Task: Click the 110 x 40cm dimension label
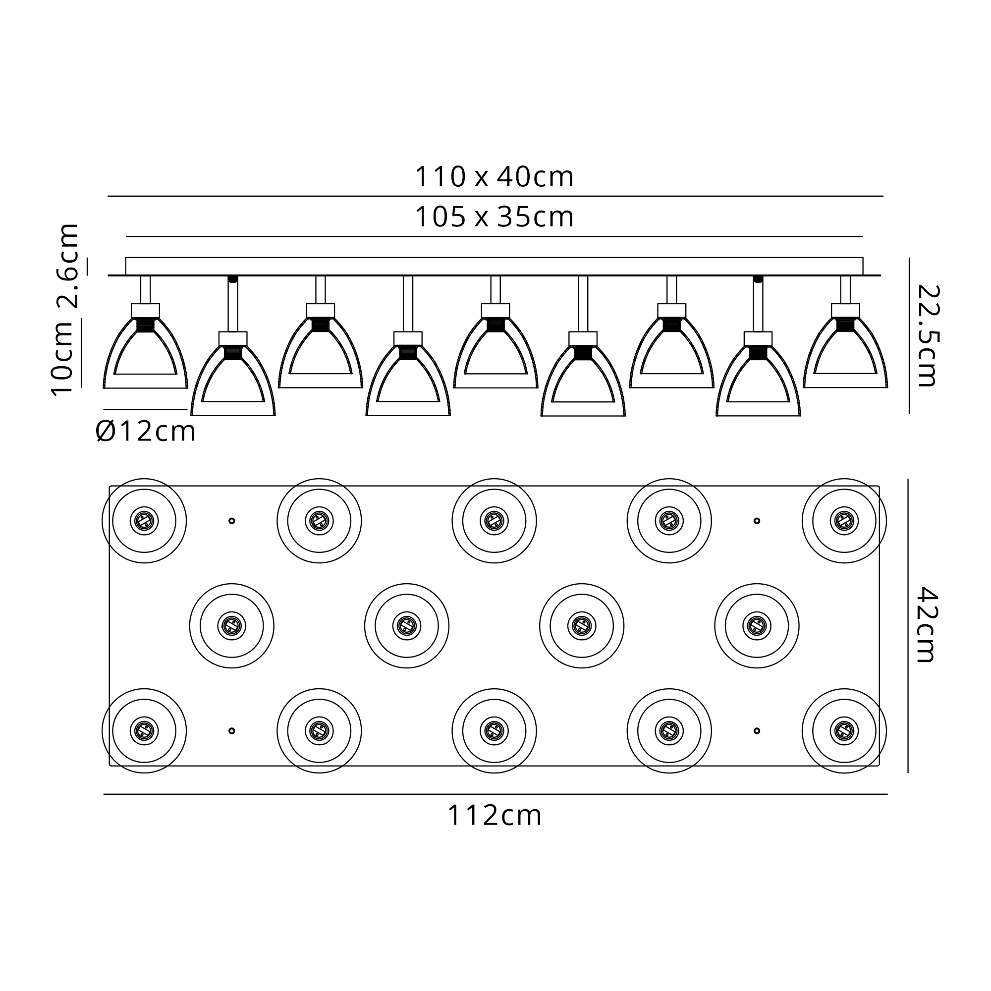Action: pyautogui.click(x=494, y=177)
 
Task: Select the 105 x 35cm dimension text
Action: pyautogui.click(x=494, y=217)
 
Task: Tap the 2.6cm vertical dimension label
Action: pyautogui.click(x=68, y=266)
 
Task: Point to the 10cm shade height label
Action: pyautogui.click(x=62, y=358)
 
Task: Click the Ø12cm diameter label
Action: pyautogui.click(x=146, y=431)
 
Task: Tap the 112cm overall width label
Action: pyautogui.click(x=495, y=815)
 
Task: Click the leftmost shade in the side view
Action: pyautogui.click(x=145, y=353)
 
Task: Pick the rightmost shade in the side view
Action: pyautogui.click(x=845, y=353)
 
